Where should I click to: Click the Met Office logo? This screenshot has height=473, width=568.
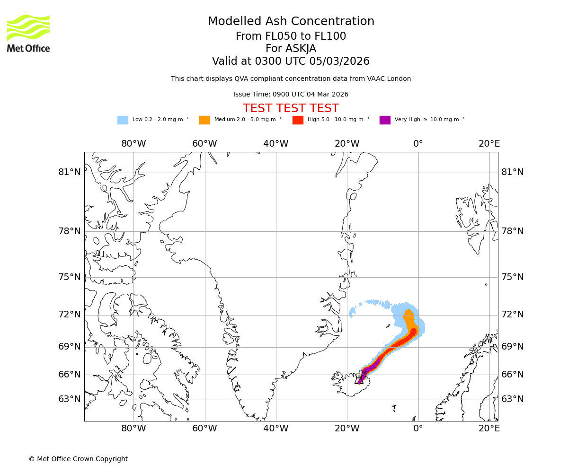(28, 33)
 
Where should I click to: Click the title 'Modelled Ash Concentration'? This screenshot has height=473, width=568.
(291, 21)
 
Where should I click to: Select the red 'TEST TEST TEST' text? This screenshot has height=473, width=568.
(291, 108)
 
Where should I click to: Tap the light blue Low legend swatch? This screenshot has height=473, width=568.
(123, 120)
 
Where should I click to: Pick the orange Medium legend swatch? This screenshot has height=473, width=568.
(204, 120)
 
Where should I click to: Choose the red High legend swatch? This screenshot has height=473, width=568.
(298, 120)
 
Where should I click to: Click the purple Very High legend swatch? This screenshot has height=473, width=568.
(385, 120)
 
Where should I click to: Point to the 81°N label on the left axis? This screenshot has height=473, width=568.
(70, 172)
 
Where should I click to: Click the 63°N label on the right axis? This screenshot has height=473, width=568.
(513, 399)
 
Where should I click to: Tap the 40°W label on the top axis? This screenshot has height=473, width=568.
(276, 144)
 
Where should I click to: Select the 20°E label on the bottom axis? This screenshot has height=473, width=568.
(489, 429)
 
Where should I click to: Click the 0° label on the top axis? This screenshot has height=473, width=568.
(418, 144)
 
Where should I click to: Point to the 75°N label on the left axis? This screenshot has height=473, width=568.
(70, 277)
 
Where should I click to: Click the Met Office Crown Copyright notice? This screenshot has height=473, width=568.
(78, 459)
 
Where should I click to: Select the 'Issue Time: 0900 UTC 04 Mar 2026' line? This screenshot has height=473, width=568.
(291, 95)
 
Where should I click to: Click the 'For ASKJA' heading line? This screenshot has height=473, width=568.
(291, 49)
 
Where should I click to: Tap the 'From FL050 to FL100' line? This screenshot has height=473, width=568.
(291, 36)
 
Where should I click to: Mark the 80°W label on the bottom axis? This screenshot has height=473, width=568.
(133, 429)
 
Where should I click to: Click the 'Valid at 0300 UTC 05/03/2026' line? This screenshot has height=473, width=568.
(291, 61)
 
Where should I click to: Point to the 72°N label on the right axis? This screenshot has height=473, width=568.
(513, 315)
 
